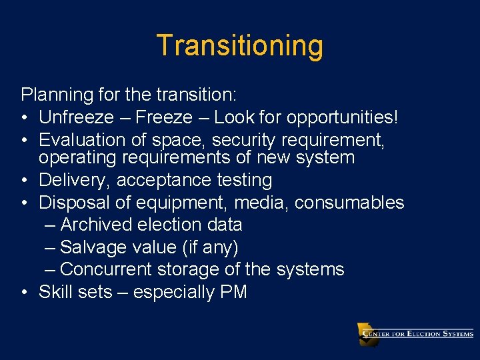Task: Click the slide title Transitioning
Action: click(240, 46)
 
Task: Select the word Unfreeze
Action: click(77, 118)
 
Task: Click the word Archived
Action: click(99, 225)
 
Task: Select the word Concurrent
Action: click(105, 269)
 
